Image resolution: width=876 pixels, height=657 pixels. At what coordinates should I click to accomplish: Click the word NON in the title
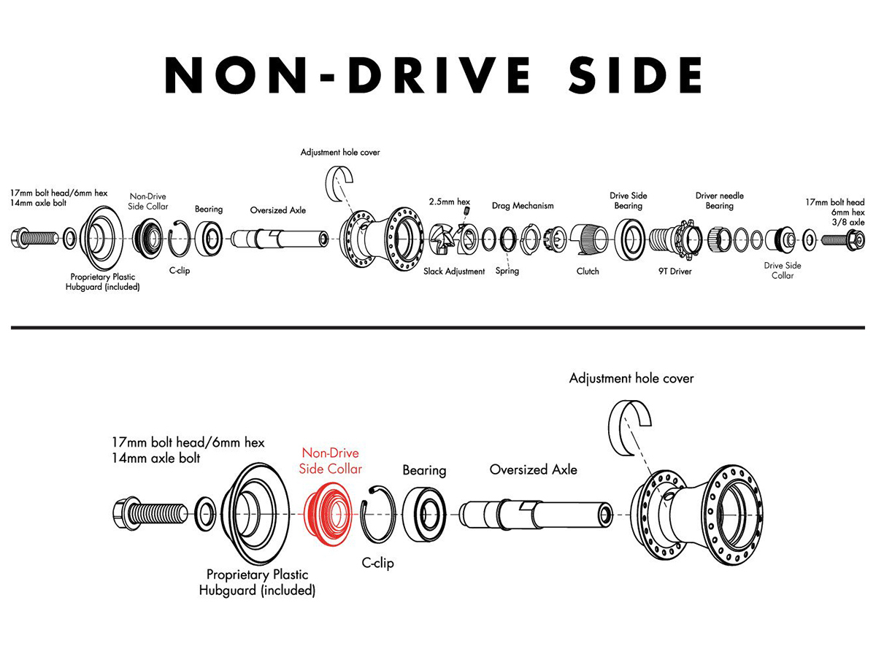click(x=236, y=75)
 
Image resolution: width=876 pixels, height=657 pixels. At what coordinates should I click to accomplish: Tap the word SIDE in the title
click(x=635, y=75)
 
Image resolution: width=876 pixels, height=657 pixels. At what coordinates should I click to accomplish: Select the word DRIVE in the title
click(x=439, y=75)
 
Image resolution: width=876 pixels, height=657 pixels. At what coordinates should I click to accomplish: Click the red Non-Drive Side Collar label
click(x=331, y=461)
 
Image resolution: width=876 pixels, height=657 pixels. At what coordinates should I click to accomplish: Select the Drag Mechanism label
click(x=523, y=206)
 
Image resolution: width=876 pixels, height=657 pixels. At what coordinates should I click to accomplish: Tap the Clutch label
click(x=588, y=272)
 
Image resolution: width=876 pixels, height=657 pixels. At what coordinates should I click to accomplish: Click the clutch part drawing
click(x=589, y=239)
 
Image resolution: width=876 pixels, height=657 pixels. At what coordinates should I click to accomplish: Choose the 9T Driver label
click(x=675, y=272)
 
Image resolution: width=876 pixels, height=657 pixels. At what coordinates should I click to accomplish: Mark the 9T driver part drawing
click(x=675, y=239)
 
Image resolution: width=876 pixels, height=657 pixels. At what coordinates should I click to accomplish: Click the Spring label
click(x=507, y=271)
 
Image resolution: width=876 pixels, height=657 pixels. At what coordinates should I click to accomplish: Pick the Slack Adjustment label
click(x=454, y=272)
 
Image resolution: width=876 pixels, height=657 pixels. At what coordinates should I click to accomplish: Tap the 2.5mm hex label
click(x=450, y=202)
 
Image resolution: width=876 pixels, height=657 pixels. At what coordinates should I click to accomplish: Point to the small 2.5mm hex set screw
click(x=467, y=211)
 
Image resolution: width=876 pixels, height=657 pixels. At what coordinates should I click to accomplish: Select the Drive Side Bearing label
click(x=629, y=201)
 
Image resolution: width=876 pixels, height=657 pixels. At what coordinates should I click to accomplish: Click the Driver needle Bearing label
click(x=720, y=201)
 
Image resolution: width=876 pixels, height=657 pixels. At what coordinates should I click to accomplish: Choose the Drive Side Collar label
click(x=783, y=270)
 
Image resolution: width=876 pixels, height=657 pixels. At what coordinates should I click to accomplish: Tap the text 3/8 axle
click(x=848, y=222)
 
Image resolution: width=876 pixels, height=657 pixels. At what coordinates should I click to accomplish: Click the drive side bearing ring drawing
click(x=630, y=239)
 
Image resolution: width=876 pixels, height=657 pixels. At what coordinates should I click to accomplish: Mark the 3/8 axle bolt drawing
click(x=843, y=239)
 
